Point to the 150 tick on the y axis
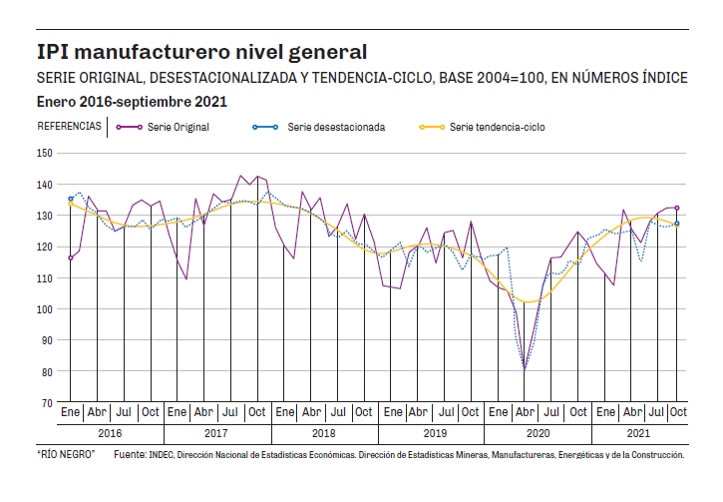click(x=43, y=153)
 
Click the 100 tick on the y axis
click(x=43, y=309)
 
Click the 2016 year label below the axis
click(x=110, y=434)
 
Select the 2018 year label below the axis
click(x=324, y=434)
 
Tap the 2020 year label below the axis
click(x=538, y=434)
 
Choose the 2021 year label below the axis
click(x=639, y=434)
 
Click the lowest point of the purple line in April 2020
click(x=525, y=369)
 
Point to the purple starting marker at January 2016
click(x=70, y=257)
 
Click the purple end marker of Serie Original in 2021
click(x=677, y=208)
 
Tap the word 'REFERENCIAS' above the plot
click(x=69, y=127)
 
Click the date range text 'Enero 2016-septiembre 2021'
click(x=132, y=102)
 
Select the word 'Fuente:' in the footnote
click(x=132, y=455)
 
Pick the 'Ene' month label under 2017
click(x=177, y=412)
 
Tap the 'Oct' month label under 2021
click(x=677, y=412)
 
